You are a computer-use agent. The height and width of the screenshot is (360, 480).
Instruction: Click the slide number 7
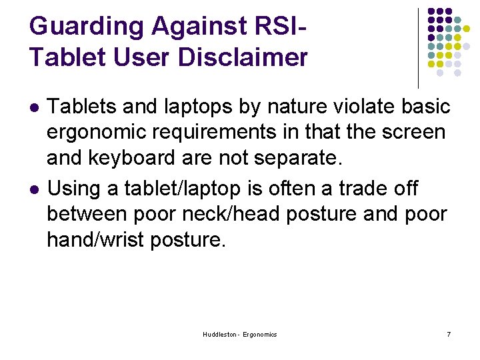coord(448,334)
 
